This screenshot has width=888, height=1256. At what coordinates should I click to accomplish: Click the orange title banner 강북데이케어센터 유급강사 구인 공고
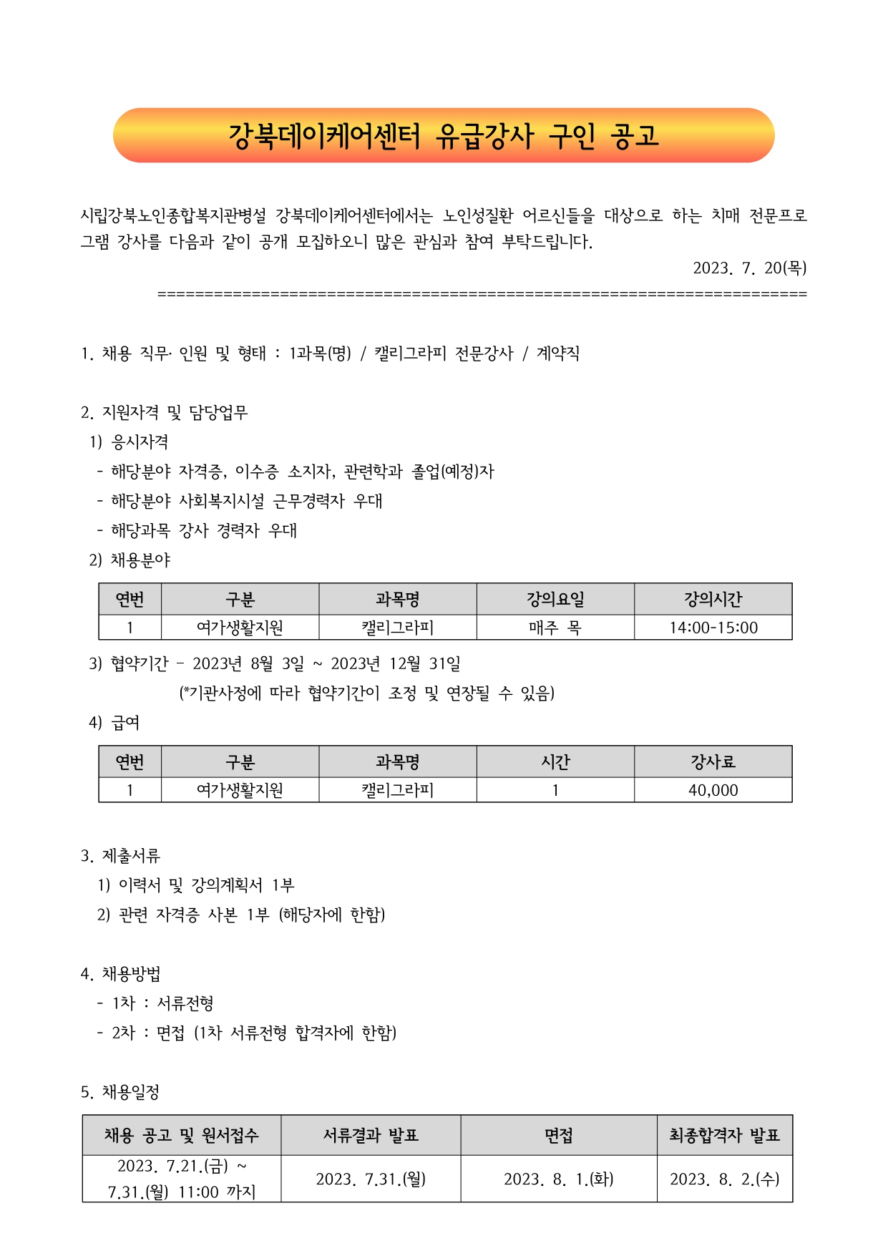[444, 135]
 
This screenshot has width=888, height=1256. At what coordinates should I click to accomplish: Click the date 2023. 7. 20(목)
[749, 268]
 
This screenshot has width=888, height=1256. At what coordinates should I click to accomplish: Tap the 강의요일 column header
[555, 599]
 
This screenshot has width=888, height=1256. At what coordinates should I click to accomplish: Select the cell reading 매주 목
[555, 628]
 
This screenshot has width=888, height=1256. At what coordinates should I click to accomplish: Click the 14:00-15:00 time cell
[713, 628]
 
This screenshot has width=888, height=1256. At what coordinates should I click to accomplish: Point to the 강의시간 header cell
[713, 599]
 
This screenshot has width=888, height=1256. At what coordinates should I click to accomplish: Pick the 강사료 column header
[713, 761]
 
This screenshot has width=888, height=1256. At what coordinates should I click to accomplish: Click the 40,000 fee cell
[713, 790]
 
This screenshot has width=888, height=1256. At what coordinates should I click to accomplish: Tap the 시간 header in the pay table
[555, 761]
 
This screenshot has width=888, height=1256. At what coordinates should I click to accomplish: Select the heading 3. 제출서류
[120, 855]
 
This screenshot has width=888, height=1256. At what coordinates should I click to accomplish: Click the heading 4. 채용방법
[120, 973]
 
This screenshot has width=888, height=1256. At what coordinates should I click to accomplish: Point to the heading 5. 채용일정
[120, 1091]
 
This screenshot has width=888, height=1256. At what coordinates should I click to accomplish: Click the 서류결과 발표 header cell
[371, 1135]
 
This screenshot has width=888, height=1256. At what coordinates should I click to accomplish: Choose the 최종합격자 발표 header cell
[725, 1135]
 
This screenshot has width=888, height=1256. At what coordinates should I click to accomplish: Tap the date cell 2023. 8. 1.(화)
[559, 1179]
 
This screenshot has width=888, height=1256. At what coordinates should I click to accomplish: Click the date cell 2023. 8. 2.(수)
[725, 1179]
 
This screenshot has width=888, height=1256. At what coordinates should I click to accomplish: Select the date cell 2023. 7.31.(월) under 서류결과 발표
[371, 1179]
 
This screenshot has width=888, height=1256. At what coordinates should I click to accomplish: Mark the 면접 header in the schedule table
[559, 1135]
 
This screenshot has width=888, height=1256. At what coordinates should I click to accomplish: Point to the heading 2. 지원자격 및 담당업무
[165, 412]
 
